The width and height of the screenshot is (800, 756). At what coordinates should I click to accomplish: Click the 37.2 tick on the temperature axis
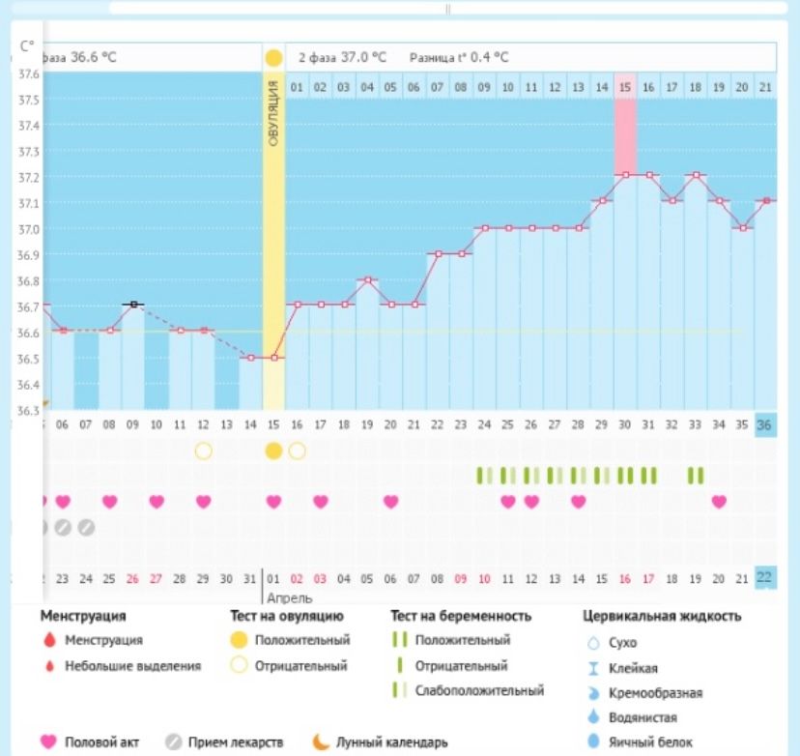pos(28,178)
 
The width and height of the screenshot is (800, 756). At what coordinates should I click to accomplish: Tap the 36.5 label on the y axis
pos(28,359)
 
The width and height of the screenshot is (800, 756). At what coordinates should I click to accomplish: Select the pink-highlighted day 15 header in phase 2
pos(625,87)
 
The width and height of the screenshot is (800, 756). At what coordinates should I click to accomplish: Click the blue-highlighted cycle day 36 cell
pos(765,425)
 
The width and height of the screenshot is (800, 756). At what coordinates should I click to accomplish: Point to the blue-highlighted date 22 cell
pos(765,577)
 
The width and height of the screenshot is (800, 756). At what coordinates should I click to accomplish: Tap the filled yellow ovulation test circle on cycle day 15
pos(273,451)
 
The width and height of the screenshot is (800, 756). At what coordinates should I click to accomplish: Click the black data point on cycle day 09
pos(133,305)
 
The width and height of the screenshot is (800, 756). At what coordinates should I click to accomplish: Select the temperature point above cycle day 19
pos(367,279)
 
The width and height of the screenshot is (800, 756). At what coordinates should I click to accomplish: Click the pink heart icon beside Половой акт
pos(48,742)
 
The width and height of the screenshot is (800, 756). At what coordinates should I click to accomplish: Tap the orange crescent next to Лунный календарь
pos(320,742)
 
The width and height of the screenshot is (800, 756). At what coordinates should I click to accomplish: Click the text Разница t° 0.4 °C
pos(458,57)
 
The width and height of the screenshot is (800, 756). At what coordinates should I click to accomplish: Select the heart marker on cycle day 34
pos(718,501)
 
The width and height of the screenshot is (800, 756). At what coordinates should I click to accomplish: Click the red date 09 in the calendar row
pos(461,578)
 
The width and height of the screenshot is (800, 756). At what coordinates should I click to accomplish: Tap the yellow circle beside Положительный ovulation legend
pos(238,640)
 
